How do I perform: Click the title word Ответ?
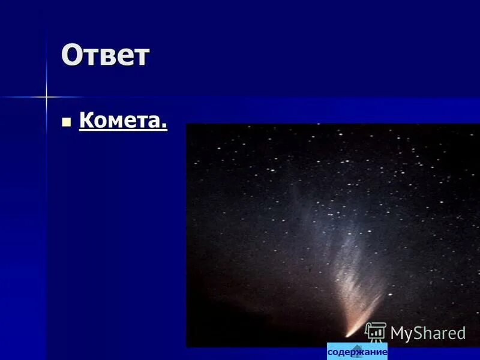(x=105, y=56)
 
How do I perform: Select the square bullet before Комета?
(x=67, y=122)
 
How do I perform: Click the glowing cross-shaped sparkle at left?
(x=46, y=96)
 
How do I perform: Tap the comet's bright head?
(x=349, y=332)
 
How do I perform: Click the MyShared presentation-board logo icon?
(x=376, y=332)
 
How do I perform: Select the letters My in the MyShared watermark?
(x=401, y=334)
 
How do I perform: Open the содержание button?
(x=357, y=352)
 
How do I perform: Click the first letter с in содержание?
(x=331, y=352)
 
